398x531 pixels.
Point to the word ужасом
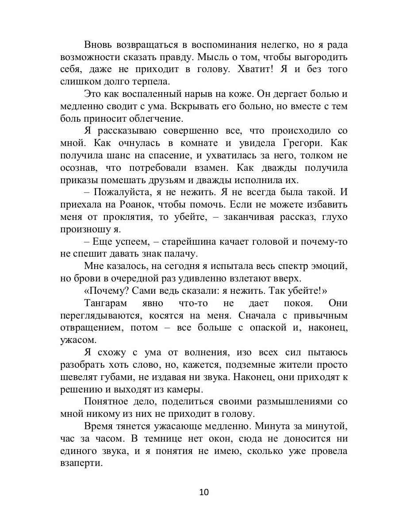(x=75, y=341)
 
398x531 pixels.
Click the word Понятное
(x=106, y=402)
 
